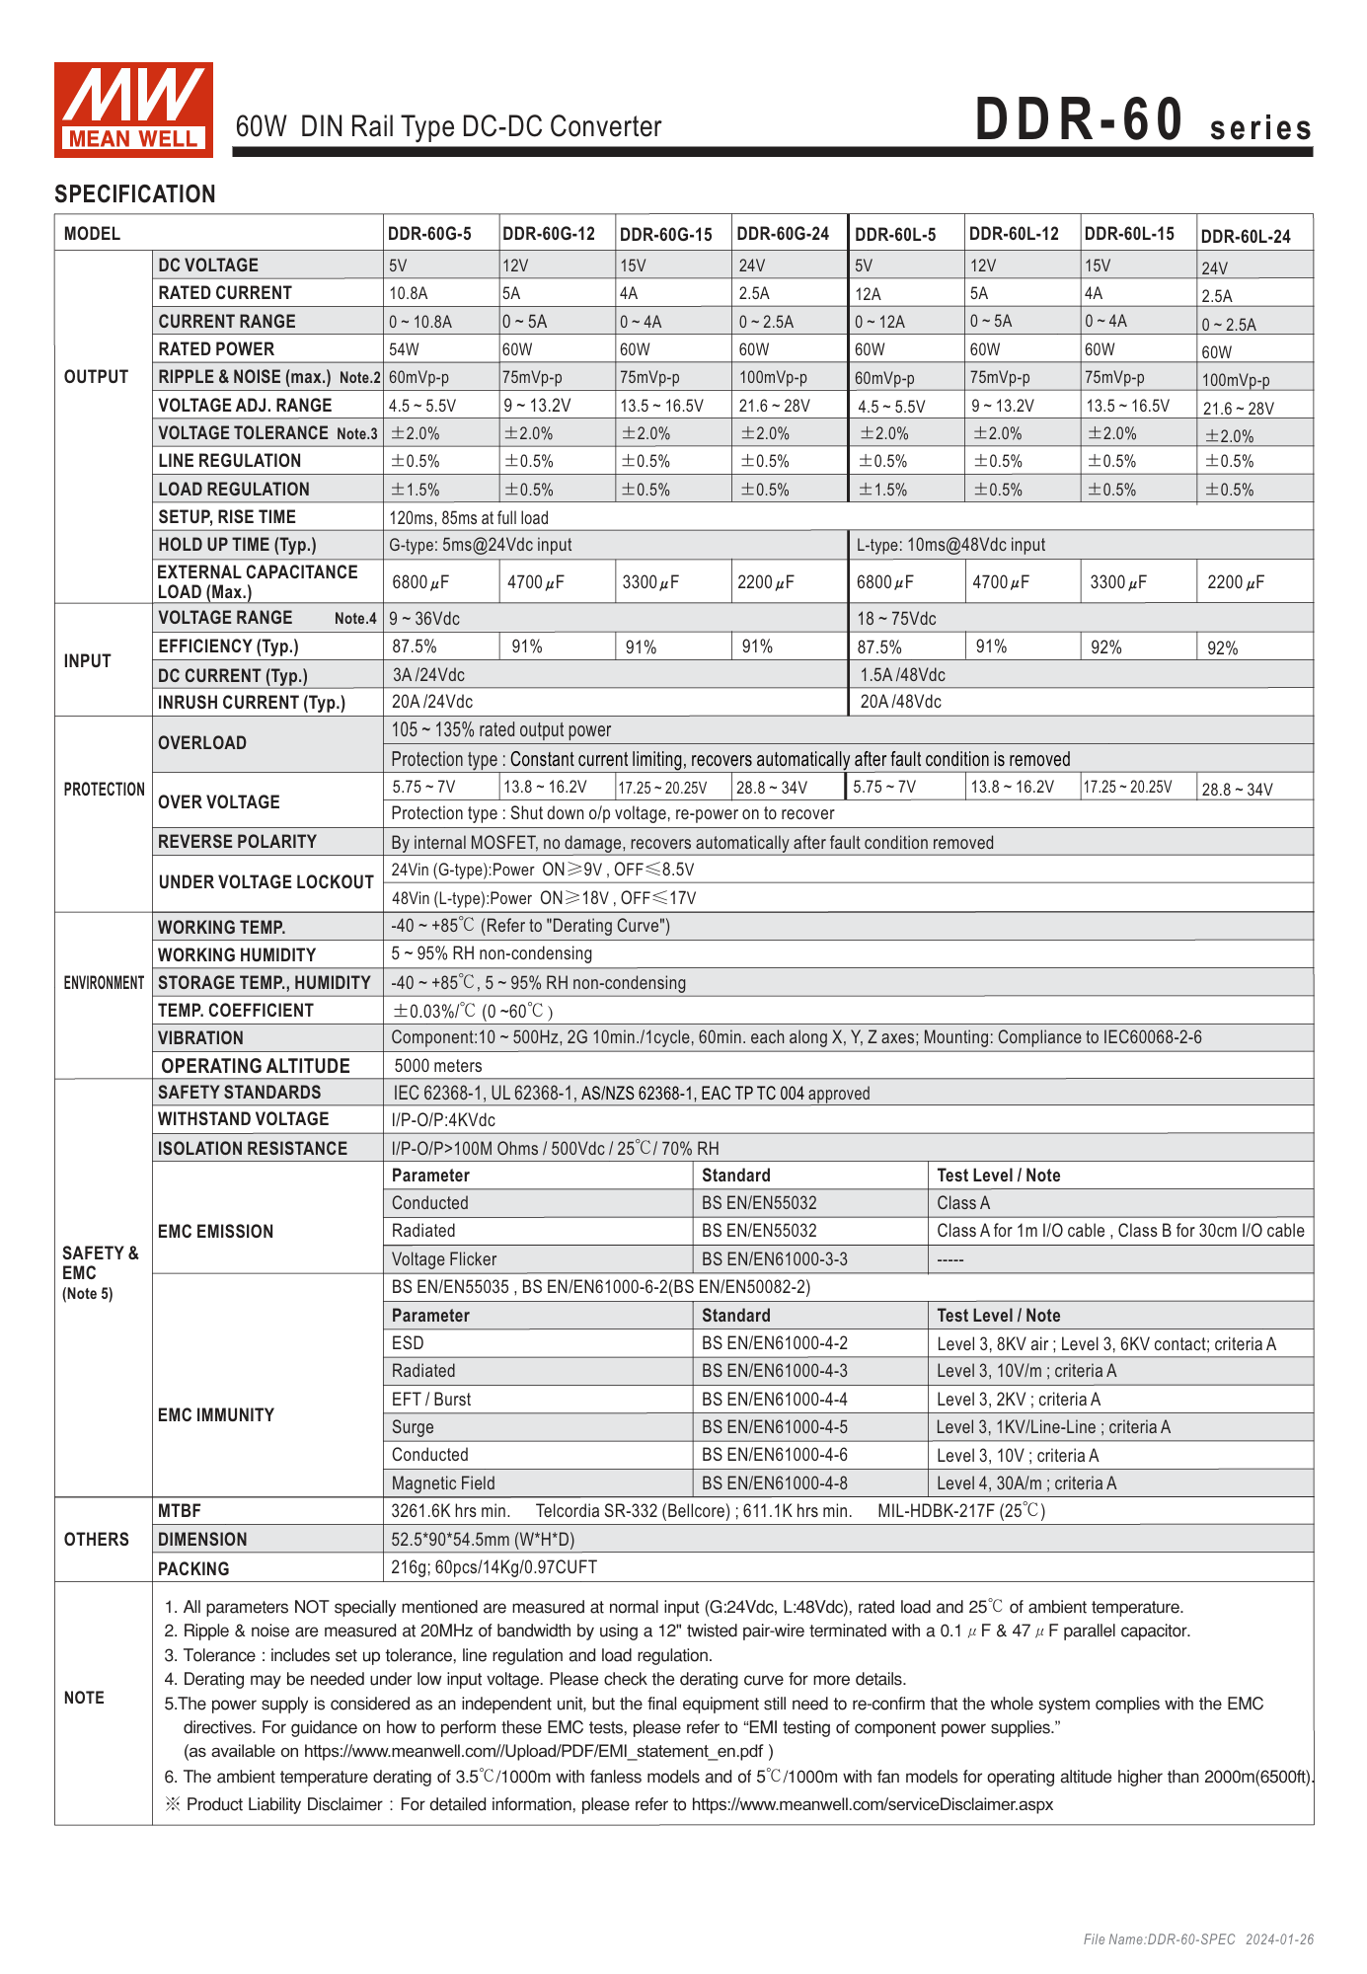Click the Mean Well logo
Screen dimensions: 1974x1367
click(x=133, y=110)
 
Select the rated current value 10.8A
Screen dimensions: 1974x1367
click(x=408, y=293)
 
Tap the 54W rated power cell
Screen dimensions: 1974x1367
click(x=404, y=349)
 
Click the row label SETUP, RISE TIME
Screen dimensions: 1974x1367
click(x=227, y=517)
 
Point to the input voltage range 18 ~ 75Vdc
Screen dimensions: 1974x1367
click(x=896, y=619)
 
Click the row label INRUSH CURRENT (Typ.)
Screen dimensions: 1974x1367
click(x=252, y=703)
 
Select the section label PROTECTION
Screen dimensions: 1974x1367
click(x=104, y=790)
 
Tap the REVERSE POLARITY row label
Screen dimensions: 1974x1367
click(x=237, y=842)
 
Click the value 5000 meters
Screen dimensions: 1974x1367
click(x=438, y=1066)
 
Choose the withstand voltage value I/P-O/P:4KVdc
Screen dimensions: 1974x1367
click(x=443, y=1120)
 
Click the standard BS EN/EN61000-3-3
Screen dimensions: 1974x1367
click(x=774, y=1259)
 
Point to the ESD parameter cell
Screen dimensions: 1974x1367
click(x=408, y=1343)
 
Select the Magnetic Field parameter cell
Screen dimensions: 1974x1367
click(x=443, y=1483)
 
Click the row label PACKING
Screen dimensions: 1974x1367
click(x=193, y=1569)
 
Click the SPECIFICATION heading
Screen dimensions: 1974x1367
click(x=135, y=194)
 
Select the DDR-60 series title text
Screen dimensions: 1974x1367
click(x=1143, y=121)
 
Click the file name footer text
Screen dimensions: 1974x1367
click(x=1198, y=1939)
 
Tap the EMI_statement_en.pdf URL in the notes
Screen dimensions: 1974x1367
click(x=533, y=1751)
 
